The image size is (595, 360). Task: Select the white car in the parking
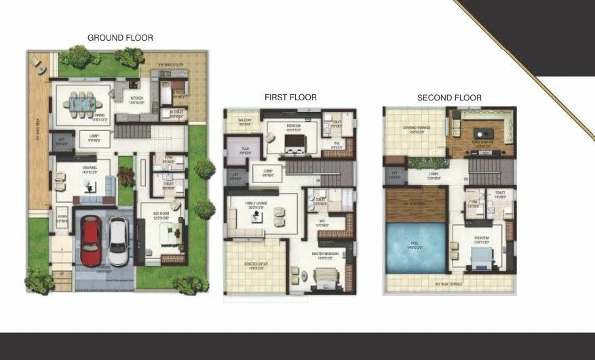(x=118, y=241)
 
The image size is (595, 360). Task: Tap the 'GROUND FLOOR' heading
(x=120, y=38)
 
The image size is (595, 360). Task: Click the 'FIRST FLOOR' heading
(x=290, y=98)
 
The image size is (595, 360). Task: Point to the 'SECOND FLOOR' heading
(x=449, y=98)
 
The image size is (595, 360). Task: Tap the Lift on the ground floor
(x=61, y=143)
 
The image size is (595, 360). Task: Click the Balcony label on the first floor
(x=244, y=122)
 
